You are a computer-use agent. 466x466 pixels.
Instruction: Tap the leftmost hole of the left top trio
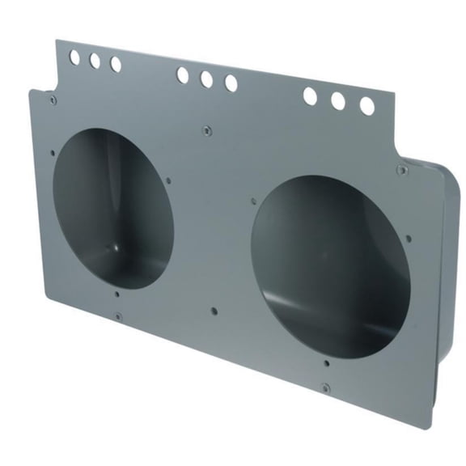coord(74,57)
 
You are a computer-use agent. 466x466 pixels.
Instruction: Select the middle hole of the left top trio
coord(95,61)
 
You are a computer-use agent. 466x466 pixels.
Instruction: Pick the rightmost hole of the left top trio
coord(116,64)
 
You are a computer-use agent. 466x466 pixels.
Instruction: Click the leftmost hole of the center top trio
coord(183,75)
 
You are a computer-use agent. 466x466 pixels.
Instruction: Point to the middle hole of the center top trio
coord(206,79)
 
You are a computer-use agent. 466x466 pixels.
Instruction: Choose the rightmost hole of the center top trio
coord(231,83)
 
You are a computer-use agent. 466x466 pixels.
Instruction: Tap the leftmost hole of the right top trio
coord(310,96)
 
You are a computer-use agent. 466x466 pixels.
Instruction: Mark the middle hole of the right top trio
coord(338,101)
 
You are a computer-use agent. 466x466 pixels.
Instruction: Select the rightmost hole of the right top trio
coord(366,106)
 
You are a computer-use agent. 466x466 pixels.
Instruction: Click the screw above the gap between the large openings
coord(207,127)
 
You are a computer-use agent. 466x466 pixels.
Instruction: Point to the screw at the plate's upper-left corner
coord(53,100)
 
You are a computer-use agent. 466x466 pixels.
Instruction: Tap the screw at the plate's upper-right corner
coord(402,169)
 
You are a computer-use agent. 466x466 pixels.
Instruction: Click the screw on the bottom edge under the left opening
coord(117,316)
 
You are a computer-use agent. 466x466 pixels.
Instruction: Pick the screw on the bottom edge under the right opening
coord(324,388)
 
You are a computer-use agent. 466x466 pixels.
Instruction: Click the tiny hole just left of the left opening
coord(53,151)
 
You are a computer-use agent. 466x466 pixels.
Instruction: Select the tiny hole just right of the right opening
coord(409,239)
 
